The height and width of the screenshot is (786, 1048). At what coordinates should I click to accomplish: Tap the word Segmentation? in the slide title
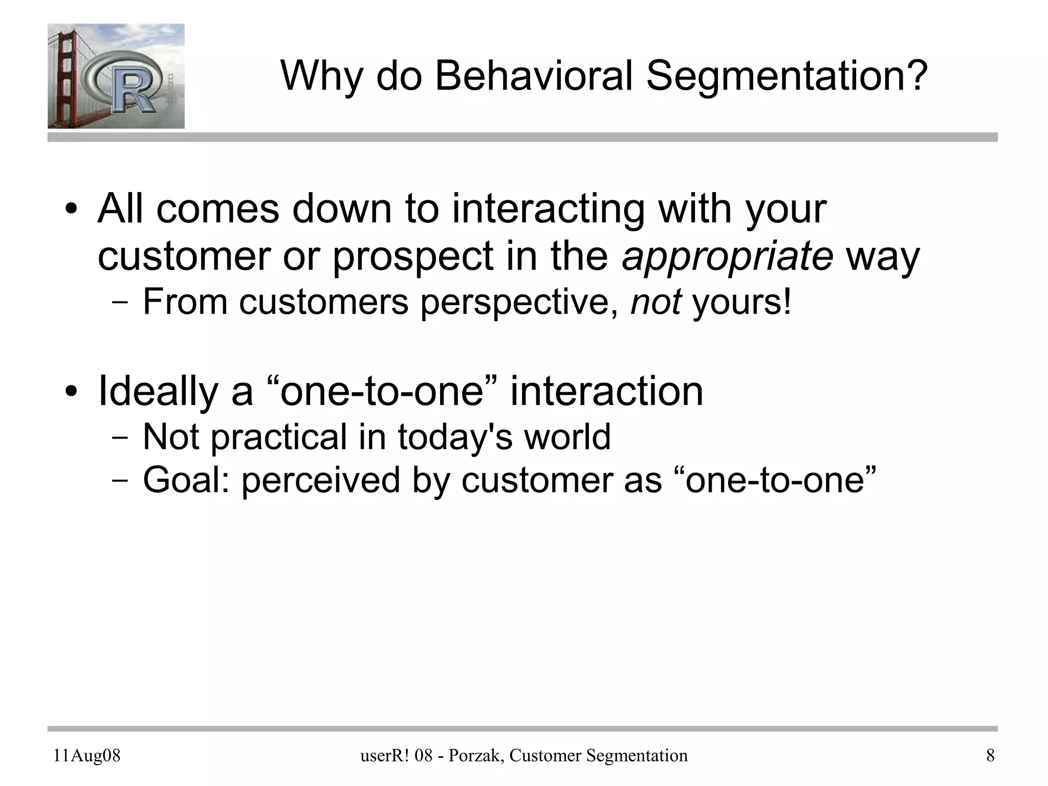[787, 76]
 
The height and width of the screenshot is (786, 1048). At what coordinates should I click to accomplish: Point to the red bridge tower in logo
[65, 77]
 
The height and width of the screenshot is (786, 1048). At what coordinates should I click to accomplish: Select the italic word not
[656, 302]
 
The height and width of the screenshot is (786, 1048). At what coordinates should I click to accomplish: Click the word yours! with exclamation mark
[741, 302]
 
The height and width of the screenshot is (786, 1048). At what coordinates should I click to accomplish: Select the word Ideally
[158, 392]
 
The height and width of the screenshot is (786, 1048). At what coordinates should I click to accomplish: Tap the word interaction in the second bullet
[606, 392]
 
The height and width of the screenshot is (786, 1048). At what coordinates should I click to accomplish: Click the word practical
[278, 437]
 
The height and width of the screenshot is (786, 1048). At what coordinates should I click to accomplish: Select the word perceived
[321, 480]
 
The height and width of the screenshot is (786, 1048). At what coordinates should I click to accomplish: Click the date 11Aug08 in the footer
[87, 755]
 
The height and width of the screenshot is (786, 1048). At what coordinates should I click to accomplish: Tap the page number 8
[990, 755]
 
